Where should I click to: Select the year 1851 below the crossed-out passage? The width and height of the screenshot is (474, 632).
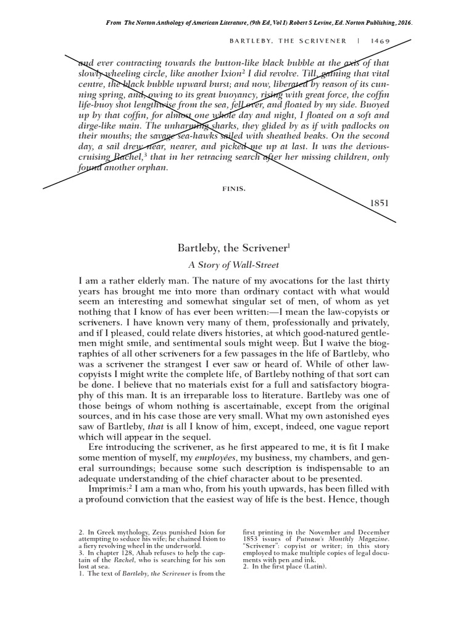pos(381,202)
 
